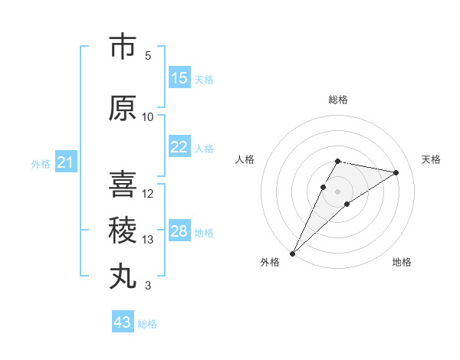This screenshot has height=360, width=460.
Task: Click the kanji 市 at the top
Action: (123, 47)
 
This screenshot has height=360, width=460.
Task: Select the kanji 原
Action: (123, 108)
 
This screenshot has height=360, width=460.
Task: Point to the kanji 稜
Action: (123, 230)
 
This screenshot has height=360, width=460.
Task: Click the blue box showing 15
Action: (179, 78)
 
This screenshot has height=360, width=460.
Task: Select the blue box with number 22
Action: (179, 147)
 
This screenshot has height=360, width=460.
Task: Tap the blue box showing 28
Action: (179, 231)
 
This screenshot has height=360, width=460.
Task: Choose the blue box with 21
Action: (65, 162)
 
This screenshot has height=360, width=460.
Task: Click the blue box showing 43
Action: (123, 322)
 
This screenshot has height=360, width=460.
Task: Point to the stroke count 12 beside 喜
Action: (148, 193)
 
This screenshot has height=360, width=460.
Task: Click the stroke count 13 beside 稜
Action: (148, 240)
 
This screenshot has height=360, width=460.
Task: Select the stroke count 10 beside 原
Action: (148, 116)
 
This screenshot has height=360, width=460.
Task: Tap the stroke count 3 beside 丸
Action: (148, 286)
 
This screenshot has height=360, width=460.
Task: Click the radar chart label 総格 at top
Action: (338, 100)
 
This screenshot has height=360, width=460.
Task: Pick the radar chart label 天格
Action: (431, 159)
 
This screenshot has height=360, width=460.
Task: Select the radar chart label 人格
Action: (245, 159)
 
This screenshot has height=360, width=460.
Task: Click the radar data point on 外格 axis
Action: (292, 253)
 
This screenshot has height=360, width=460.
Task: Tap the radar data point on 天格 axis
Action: (396, 172)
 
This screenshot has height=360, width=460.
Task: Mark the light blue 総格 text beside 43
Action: (147, 324)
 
